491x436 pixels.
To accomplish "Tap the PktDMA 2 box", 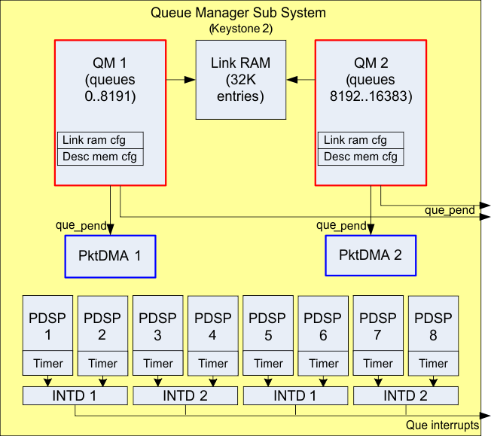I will pyautogui.click(x=370, y=255).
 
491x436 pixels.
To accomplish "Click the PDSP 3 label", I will pyautogui.click(x=158, y=326).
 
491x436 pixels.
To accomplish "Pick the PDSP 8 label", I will pyautogui.click(x=433, y=326).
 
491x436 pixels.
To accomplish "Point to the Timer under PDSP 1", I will pyautogui.click(x=48, y=363).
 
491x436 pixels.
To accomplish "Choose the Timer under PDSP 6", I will pyautogui.click(x=324, y=363).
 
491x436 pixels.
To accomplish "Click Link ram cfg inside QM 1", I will pyautogui.click(x=100, y=141).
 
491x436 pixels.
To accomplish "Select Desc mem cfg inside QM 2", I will pyautogui.click(x=360, y=157).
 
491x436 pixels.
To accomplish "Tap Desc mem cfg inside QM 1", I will pyautogui.click(x=100, y=157).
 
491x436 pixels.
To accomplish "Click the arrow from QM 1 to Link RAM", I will pyautogui.click(x=180, y=78).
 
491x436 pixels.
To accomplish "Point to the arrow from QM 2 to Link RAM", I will pyautogui.click(x=299, y=78).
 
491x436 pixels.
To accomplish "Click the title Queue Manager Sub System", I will pyautogui.click(x=239, y=13).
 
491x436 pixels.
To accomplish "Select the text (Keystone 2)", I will pyautogui.click(x=239, y=29).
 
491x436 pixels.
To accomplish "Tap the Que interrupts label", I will pyautogui.click(x=442, y=425).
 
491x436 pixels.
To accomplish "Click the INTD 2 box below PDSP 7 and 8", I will pyautogui.click(x=406, y=395).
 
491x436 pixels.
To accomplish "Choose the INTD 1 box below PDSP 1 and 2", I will pyautogui.click(x=75, y=395).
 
